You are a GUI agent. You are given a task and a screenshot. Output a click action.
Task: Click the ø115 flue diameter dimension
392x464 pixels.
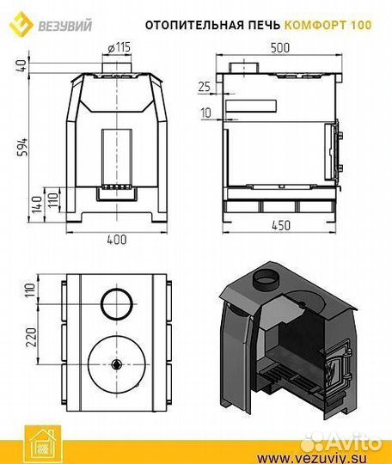(119, 47)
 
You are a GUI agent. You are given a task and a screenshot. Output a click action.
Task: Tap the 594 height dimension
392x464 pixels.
(22, 147)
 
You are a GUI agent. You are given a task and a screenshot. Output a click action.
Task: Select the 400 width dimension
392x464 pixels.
(117, 240)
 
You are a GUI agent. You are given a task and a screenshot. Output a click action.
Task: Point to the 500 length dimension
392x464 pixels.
(279, 48)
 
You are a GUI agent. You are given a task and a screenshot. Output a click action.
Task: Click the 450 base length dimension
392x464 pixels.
(281, 226)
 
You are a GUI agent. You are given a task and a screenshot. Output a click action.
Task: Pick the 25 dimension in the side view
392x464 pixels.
(204, 87)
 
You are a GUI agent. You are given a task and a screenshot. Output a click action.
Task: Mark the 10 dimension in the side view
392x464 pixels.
(206, 113)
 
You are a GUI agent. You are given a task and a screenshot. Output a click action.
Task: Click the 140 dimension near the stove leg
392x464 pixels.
(37, 205)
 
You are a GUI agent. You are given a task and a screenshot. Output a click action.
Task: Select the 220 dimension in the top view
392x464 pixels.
(31, 337)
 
